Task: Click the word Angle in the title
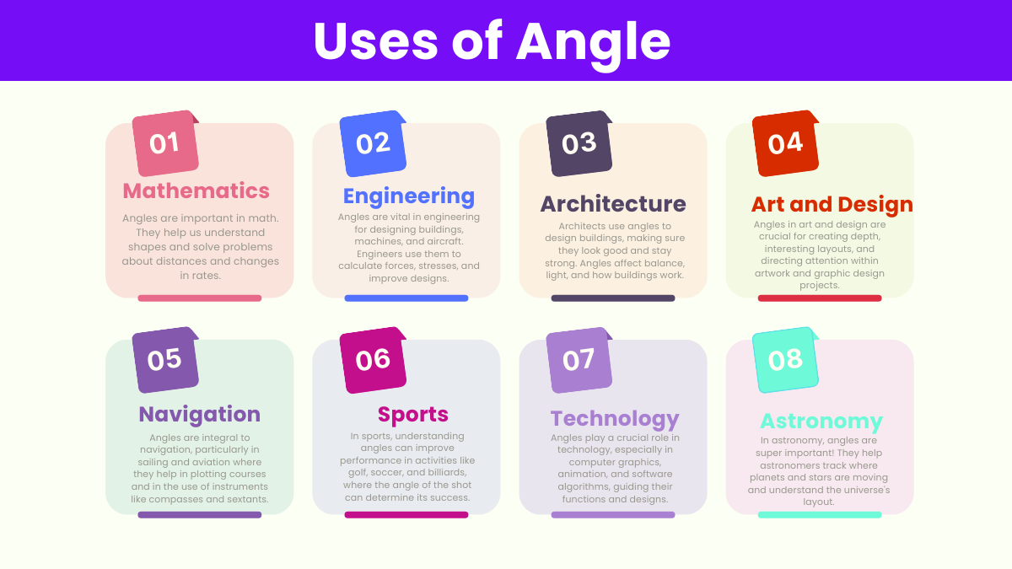(x=593, y=43)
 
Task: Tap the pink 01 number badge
(x=165, y=143)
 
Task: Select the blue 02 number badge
(x=373, y=143)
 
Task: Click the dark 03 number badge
(x=579, y=143)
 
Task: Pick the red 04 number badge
(x=786, y=143)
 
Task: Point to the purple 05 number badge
(x=165, y=360)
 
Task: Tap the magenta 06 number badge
(x=373, y=360)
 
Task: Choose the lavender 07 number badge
(x=579, y=360)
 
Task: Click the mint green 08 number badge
(x=786, y=360)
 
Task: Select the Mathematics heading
(x=196, y=191)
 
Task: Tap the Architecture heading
(x=613, y=204)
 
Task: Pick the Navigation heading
(x=200, y=415)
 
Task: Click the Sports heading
(x=413, y=415)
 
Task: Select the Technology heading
(x=615, y=420)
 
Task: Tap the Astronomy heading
(x=821, y=421)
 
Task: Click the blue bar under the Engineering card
(x=406, y=298)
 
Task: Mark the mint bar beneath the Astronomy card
(x=820, y=515)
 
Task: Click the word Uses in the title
(x=376, y=41)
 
